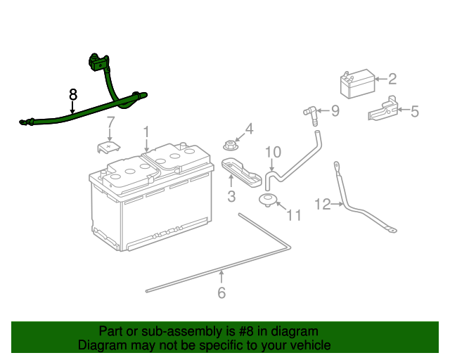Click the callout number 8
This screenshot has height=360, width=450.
pyautogui.click(x=72, y=94)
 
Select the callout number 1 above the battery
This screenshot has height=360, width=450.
pyautogui.click(x=146, y=131)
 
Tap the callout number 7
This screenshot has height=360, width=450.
pyautogui.click(x=110, y=125)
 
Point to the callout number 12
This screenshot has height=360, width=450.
pyautogui.click(x=322, y=205)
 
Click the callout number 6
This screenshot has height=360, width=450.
pyautogui.click(x=221, y=292)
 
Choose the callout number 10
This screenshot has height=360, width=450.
pyautogui.click(x=273, y=152)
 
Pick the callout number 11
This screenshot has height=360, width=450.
pyautogui.click(x=293, y=215)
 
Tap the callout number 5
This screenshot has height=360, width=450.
pyautogui.click(x=414, y=110)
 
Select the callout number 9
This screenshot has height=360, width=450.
pyautogui.click(x=335, y=110)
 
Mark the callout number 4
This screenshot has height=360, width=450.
pyautogui.click(x=248, y=129)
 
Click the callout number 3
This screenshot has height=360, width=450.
pyautogui.click(x=231, y=197)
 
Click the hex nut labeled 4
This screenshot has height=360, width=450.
pyautogui.click(x=229, y=146)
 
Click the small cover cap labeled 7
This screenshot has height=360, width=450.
pyautogui.click(x=107, y=147)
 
